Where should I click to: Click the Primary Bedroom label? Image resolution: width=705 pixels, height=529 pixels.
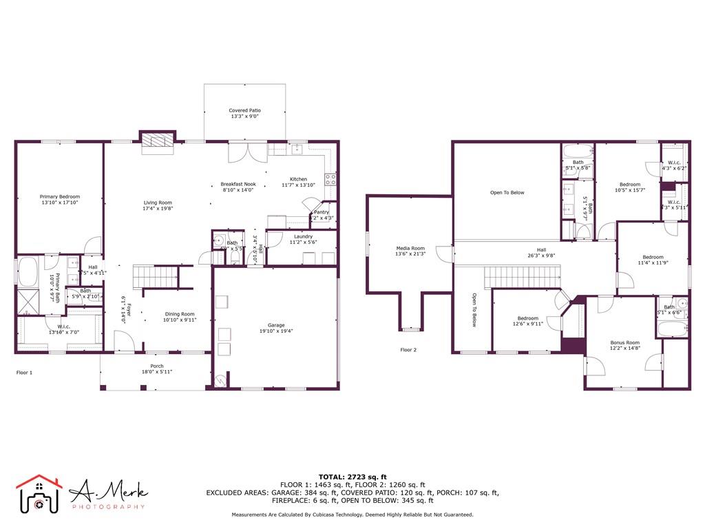pos(61,196)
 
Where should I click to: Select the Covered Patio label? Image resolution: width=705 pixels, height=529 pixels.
pos(245,110)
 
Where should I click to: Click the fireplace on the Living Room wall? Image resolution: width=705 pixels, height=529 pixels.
pos(158,140)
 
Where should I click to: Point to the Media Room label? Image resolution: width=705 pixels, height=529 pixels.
pos(410,248)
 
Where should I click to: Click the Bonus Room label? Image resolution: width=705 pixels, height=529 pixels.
pos(624,342)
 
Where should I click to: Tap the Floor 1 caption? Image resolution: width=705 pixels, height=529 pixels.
pos(24,373)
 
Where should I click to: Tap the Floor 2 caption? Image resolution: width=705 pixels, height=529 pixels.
pos(408,350)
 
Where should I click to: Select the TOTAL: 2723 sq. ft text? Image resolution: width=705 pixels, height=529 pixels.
pos(352,477)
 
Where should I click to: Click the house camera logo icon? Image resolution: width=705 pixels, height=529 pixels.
pos(39,495)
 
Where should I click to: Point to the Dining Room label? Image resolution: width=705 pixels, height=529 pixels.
pos(180,314)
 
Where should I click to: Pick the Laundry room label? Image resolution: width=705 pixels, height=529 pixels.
pos(303,236)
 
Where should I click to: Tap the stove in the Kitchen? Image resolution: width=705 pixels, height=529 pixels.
pos(330,179)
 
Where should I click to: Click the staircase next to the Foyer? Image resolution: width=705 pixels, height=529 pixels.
pos(155,278)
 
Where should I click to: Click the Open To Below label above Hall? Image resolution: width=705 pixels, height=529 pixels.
pos(507,193)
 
